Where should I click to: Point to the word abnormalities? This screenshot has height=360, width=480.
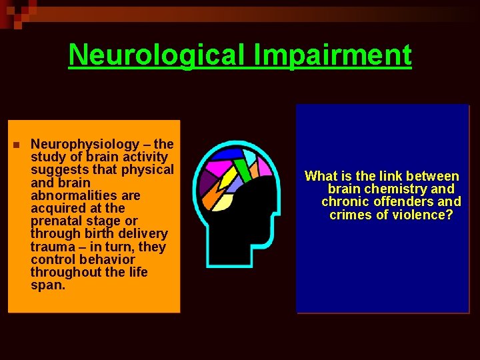click(x=85, y=195)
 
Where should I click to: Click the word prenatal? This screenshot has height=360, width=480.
click(x=56, y=221)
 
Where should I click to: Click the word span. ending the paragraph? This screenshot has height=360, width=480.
click(x=47, y=285)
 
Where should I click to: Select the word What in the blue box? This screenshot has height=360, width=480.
click(x=321, y=176)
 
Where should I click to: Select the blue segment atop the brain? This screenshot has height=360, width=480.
click(x=227, y=154)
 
